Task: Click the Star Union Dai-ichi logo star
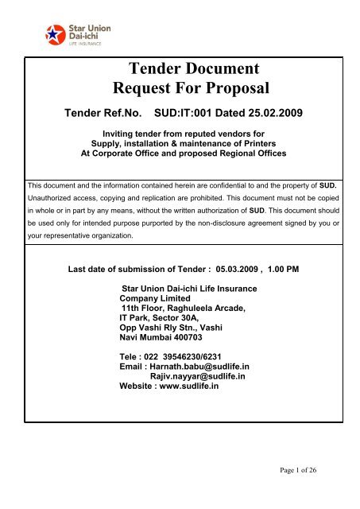(x=54, y=36)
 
